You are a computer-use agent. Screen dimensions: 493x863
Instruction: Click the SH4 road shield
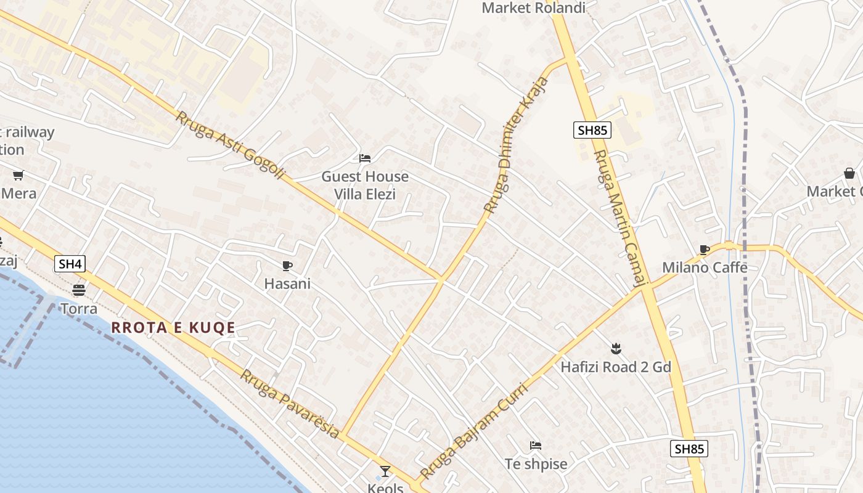[x=70, y=264]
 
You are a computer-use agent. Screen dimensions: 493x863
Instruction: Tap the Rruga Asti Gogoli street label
[x=231, y=145]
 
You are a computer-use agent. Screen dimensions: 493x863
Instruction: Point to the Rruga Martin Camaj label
[x=620, y=219]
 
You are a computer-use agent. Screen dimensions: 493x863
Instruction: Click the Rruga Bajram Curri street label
[x=474, y=431]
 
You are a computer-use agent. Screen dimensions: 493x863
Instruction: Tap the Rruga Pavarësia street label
[x=290, y=404]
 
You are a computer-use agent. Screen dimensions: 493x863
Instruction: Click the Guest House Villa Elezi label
[x=365, y=185]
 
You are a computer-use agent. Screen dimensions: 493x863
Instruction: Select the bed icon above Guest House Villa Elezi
[x=365, y=158]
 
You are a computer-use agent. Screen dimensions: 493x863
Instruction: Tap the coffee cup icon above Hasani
[x=287, y=266]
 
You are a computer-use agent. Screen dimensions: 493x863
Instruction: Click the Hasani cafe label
[x=287, y=284]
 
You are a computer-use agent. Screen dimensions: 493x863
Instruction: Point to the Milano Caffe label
[x=705, y=267]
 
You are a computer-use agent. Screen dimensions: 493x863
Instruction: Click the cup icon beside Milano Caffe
[x=705, y=250]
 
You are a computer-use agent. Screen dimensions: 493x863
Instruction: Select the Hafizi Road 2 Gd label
[x=615, y=367]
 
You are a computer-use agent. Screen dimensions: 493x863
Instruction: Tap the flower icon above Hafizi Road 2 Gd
[x=615, y=349]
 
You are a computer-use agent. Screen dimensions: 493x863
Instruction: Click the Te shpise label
[x=536, y=464]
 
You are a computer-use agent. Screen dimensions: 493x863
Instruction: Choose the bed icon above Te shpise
[x=536, y=446]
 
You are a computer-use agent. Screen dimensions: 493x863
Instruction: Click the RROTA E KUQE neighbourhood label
[x=173, y=328]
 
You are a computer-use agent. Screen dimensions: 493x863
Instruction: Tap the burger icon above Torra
[x=78, y=290]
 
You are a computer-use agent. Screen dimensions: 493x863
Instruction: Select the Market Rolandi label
[x=533, y=8]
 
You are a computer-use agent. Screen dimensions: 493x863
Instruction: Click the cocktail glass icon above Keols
[x=385, y=471]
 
